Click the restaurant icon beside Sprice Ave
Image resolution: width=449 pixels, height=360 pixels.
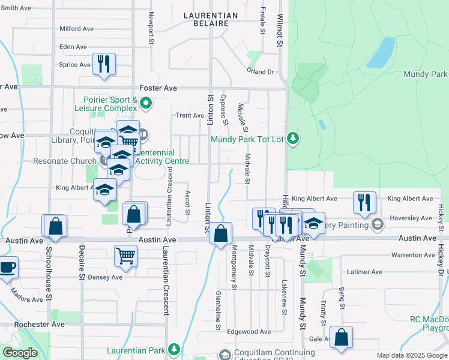coord(104,64)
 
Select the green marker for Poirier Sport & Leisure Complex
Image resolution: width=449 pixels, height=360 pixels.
coord(145,105)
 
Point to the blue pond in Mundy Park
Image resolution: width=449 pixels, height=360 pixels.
coord(381,53)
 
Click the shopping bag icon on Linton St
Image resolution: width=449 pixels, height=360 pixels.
coord(221,233)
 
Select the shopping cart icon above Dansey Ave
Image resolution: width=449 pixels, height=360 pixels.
coord(126,255)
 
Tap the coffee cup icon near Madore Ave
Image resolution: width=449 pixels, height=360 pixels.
coord(7,267)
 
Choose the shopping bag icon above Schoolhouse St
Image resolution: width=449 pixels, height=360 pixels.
coord(55,226)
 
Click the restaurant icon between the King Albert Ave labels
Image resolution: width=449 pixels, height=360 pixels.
coord(364,202)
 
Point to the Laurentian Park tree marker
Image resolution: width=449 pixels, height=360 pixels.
coord(174,349)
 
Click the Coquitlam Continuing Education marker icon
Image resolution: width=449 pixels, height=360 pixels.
coord(224,355)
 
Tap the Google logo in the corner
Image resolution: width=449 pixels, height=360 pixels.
coord(20,353)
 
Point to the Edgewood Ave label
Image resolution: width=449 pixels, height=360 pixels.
coord(249,332)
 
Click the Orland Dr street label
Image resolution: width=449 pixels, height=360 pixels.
coord(260,72)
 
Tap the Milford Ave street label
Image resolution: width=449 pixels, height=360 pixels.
coord(77,29)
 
